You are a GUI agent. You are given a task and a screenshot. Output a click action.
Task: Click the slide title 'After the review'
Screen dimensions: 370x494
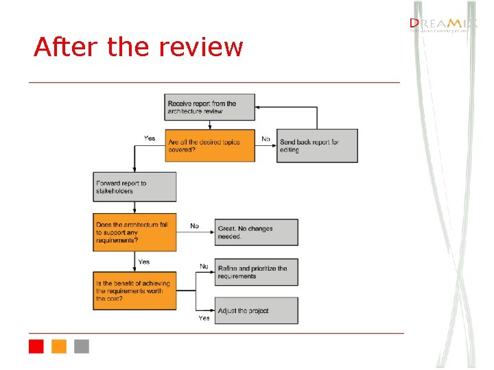(x=138, y=47)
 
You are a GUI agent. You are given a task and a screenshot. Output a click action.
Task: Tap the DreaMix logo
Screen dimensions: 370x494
(x=440, y=25)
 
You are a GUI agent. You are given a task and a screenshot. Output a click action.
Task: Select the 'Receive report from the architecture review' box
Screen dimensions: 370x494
(x=209, y=108)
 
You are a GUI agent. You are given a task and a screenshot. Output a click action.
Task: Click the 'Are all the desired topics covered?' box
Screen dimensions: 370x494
(x=209, y=145)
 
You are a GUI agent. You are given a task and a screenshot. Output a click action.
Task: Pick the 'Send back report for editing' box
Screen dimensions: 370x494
(x=317, y=146)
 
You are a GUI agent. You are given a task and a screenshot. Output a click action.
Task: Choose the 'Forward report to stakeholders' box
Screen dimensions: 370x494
(x=134, y=186)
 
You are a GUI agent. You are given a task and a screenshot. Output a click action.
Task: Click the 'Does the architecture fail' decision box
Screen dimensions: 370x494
(x=134, y=232)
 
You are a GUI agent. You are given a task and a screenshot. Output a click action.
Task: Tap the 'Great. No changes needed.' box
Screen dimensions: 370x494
(x=257, y=232)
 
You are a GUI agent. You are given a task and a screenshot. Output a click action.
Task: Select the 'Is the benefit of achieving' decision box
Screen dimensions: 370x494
(x=134, y=291)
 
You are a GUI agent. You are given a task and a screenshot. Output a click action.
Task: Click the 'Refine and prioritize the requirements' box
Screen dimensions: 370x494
(x=257, y=272)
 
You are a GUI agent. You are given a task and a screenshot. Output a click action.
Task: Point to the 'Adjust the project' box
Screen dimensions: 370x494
(x=257, y=310)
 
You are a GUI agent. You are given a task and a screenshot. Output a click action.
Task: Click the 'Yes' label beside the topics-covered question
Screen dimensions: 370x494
(x=150, y=138)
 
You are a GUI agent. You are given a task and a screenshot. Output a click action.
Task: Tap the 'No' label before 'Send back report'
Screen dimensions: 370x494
(x=266, y=139)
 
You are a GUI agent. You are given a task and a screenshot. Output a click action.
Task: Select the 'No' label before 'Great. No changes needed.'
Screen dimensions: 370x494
(x=194, y=225)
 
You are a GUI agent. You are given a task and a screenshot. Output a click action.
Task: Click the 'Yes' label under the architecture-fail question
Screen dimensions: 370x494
(x=144, y=262)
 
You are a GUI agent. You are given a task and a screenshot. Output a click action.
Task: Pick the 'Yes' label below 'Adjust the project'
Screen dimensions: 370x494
(x=204, y=318)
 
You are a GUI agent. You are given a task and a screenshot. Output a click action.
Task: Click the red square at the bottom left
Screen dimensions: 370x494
(x=36, y=346)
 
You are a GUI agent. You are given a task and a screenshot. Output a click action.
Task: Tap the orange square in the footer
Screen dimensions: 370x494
(x=59, y=346)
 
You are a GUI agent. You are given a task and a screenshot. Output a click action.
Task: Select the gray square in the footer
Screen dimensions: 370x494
(x=82, y=346)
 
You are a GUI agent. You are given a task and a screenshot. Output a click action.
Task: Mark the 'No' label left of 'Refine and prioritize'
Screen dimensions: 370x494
(x=204, y=266)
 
